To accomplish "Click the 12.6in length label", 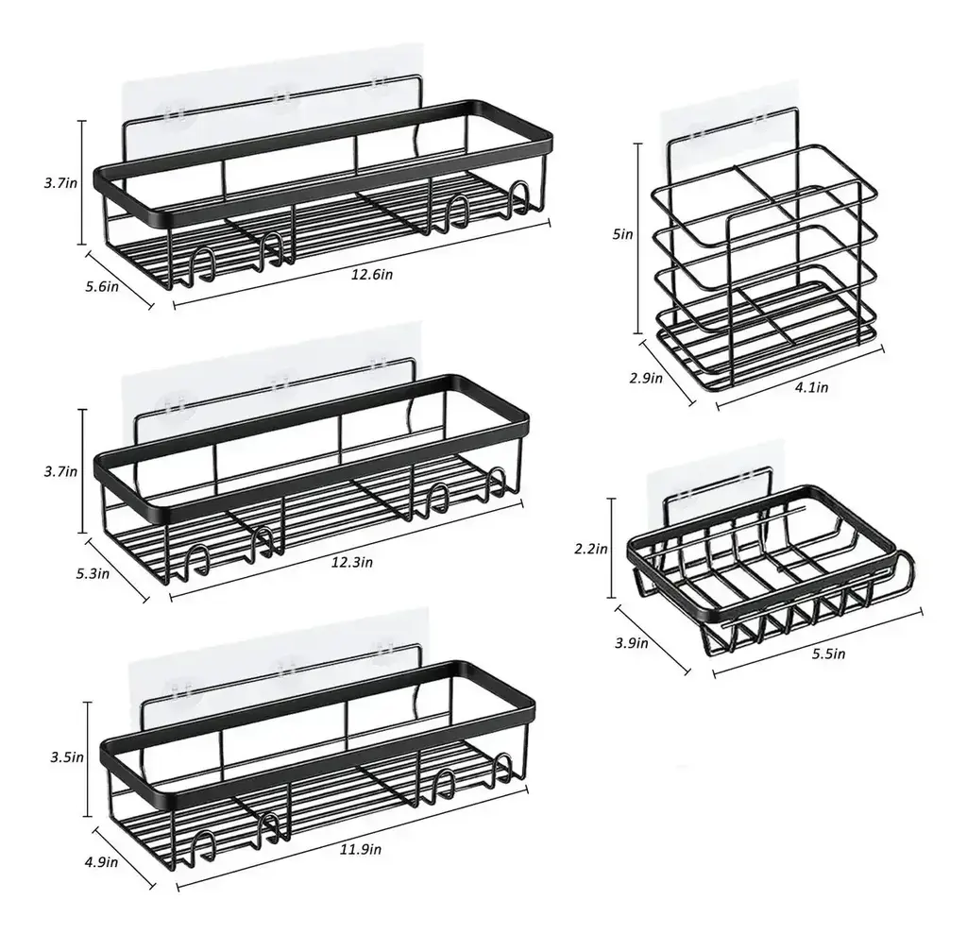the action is coord(371,274).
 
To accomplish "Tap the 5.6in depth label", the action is coord(102,286).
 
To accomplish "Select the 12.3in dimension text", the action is coord(351,562).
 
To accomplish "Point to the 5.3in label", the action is coord(93,573).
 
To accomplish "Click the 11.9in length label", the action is coord(360,849).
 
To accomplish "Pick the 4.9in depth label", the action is coord(101,861).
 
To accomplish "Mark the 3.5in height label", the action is coord(67,757).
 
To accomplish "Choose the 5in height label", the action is coord(623,234).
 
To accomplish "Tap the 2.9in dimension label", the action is coord(646,378).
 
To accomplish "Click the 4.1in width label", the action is coord(811,387).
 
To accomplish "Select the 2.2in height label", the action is coord(591,548).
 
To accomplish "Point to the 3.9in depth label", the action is coord(631,643).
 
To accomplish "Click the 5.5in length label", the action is coord(828,654).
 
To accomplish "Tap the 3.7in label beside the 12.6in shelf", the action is coord(60,183).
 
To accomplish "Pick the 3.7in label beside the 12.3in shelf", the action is coord(60,472).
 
